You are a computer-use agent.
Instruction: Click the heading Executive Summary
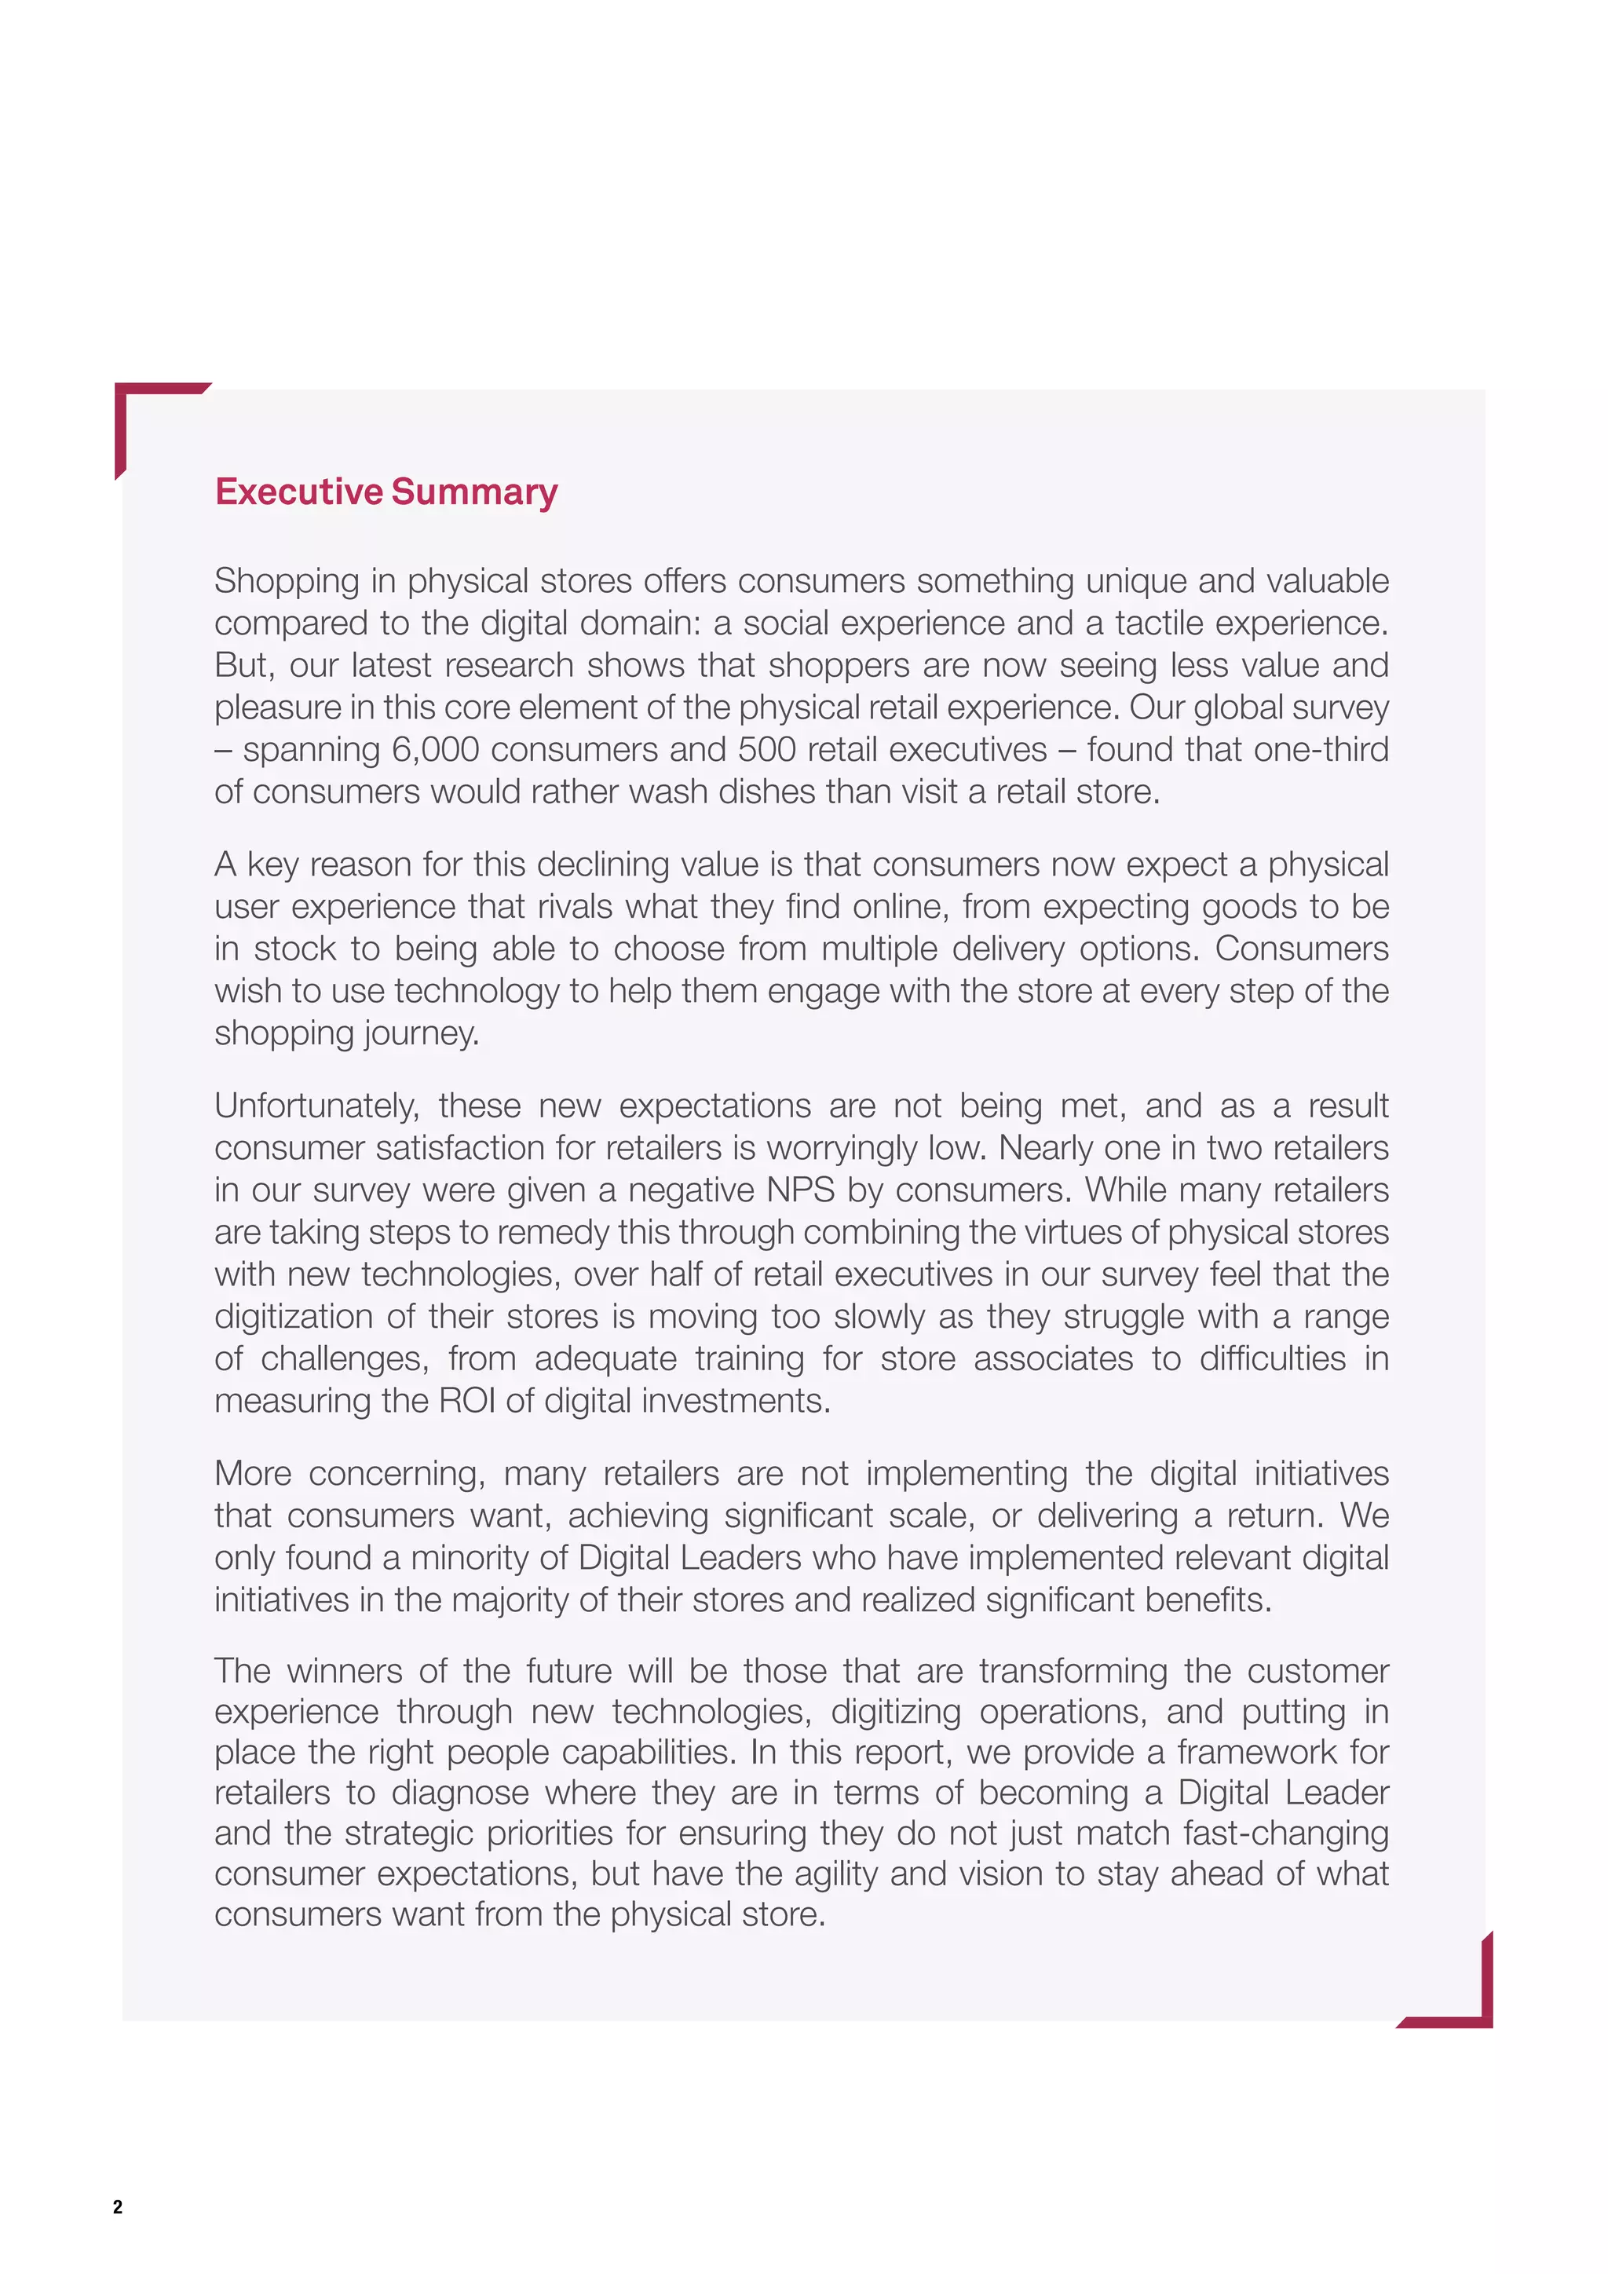coord(386,492)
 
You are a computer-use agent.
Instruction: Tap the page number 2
coord(118,2206)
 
